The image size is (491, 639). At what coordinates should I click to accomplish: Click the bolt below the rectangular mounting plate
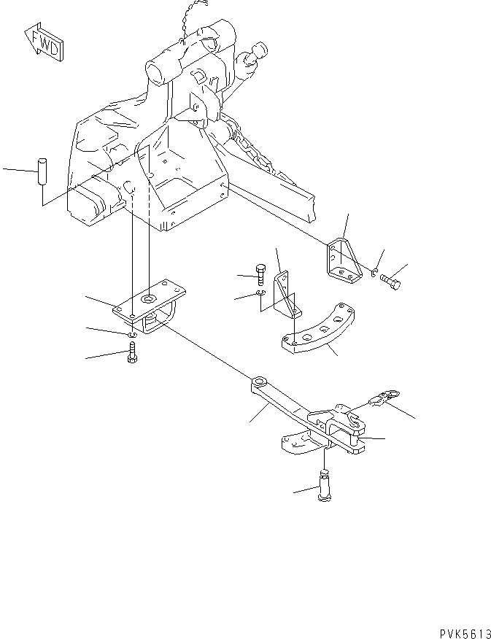point(132,356)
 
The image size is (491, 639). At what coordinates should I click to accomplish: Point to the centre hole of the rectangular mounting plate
point(149,298)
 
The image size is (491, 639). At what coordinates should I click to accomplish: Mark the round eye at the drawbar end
point(259,382)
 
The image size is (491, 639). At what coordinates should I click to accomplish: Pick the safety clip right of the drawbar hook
point(384,398)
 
